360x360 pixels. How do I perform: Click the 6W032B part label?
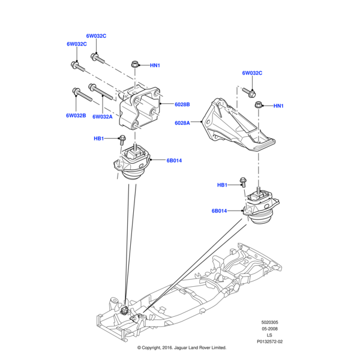(x=76, y=115)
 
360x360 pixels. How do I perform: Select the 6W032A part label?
(x=103, y=118)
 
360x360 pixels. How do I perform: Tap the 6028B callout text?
(x=182, y=104)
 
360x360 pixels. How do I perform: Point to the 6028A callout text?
(x=182, y=122)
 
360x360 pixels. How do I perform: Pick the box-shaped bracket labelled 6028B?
(x=140, y=108)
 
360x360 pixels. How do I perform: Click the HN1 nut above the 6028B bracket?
(x=134, y=65)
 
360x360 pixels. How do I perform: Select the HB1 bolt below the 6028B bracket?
(x=121, y=139)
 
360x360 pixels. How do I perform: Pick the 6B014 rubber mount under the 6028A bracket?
(x=260, y=208)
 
